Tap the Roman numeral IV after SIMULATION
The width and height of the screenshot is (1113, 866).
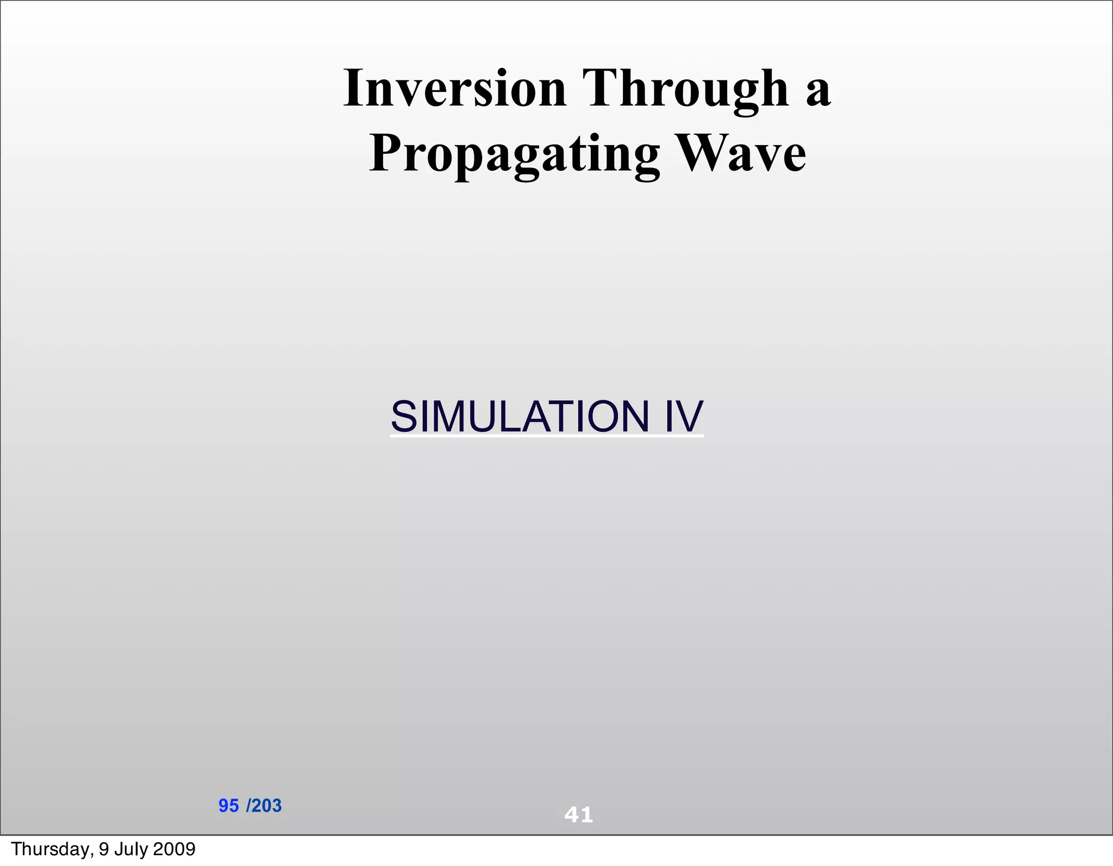[x=684, y=416]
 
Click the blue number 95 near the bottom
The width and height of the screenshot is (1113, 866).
[x=228, y=806]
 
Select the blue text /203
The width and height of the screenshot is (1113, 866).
[x=264, y=806]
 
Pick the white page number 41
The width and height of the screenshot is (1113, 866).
[x=579, y=815]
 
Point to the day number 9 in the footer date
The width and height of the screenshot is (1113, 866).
[x=103, y=849]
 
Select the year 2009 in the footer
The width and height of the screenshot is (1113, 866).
[x=174, y=849]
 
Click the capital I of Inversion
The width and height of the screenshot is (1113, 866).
[x=354, y=88]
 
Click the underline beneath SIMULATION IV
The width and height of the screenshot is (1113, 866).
[x=547, y=435]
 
